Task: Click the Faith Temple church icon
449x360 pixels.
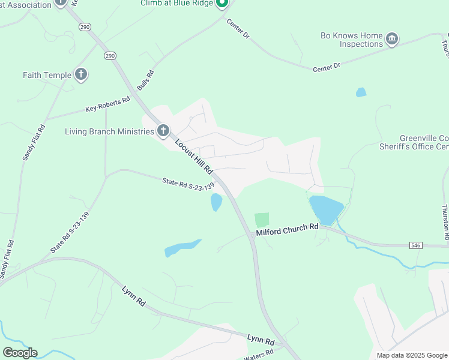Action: click(81, 75)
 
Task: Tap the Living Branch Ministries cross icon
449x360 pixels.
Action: click(163, 131)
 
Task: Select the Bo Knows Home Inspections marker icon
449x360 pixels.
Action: click(392, 40)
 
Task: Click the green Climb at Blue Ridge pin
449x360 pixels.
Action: click(221, 4)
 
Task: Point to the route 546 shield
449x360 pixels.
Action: click(416, 245)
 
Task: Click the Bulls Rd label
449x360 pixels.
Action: click(145, 80)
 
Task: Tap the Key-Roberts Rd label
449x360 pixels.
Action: click(108, 104)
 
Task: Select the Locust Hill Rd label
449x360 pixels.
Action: click(194, 157)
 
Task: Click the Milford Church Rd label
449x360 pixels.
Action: click(287, 229)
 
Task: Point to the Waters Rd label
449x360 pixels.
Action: click(258, 356)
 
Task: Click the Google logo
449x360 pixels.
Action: click(20, 353)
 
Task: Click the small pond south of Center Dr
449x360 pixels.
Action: click(361, 92)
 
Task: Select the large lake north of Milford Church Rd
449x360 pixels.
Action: click(326, 208)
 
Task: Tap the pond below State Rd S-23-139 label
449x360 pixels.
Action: click(216, 202)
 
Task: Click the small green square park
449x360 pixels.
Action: click(262, 220)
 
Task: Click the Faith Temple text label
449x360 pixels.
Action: click(47, 75)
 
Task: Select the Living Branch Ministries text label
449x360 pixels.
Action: click(109, 131)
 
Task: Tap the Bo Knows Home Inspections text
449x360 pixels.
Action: click(351, 40)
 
